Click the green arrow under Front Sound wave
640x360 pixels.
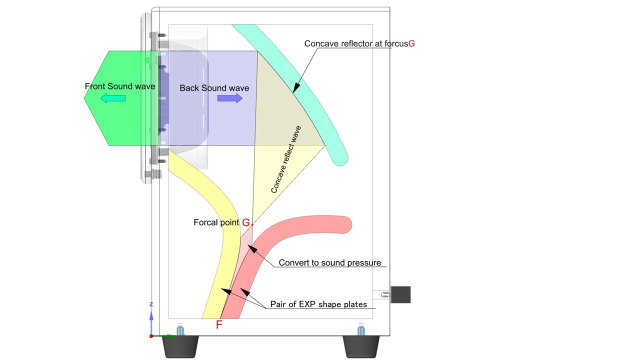[113, 98]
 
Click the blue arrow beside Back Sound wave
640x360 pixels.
[230, 98]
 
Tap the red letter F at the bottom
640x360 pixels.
[219, 325]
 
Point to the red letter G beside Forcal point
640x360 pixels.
[245, 222]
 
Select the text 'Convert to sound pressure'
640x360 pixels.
[329, 262]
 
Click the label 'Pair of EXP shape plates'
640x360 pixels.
[318, 304]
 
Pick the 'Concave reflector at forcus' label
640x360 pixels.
[356, 43]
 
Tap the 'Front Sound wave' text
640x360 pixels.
[120, 86]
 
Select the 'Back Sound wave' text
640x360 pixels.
[214, 88]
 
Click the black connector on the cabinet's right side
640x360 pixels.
[400, 294]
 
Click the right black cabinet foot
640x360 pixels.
[361, 346]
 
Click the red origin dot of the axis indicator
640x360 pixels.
[151, 336]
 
